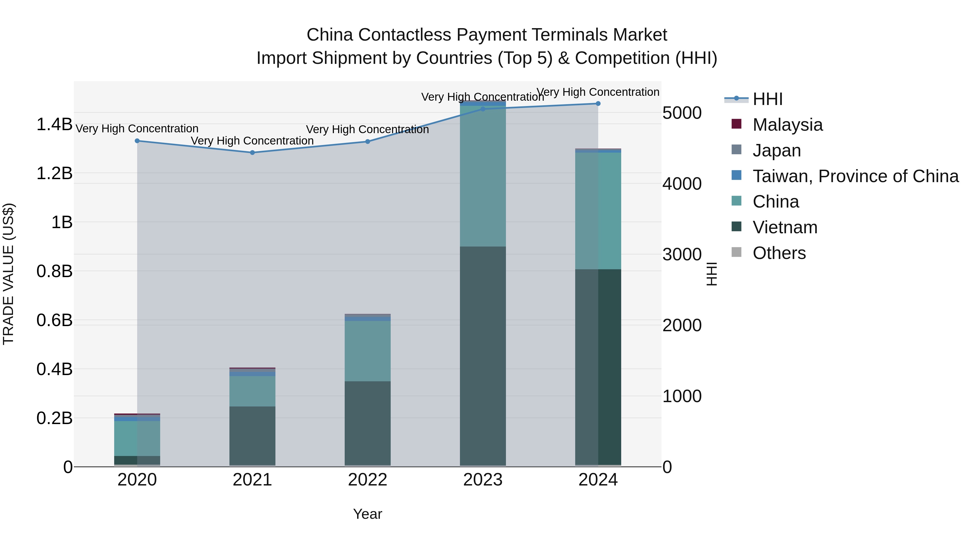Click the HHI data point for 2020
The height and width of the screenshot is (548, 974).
click(x=137, y=141)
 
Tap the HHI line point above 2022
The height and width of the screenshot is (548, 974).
click(x=367, y=142)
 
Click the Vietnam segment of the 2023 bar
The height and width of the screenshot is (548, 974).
click(x=483, y=356)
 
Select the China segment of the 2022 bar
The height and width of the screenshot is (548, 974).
click(x=367, y=351)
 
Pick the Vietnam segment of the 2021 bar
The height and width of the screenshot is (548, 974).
click(x=253, y=436)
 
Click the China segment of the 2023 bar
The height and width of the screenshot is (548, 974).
click(x=483, y=176)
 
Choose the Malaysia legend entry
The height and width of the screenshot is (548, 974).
click(x=787, y=125)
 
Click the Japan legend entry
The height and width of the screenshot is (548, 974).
click(x=776, y=150)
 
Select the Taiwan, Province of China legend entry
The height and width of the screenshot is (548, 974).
click(x=855, y=176)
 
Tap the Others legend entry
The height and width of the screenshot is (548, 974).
click(x=779, y=253)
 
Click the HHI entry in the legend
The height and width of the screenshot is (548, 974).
click(x=767, y=99)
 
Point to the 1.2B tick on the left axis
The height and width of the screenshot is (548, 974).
click(x=54, y=173)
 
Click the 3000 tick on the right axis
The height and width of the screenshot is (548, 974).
click(x=682, y=255)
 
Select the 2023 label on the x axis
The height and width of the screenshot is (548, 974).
click(x=483, y=480)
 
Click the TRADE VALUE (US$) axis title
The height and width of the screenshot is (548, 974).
click(x=8, y=274)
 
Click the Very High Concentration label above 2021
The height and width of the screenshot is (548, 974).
click(x=252, y=141)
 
